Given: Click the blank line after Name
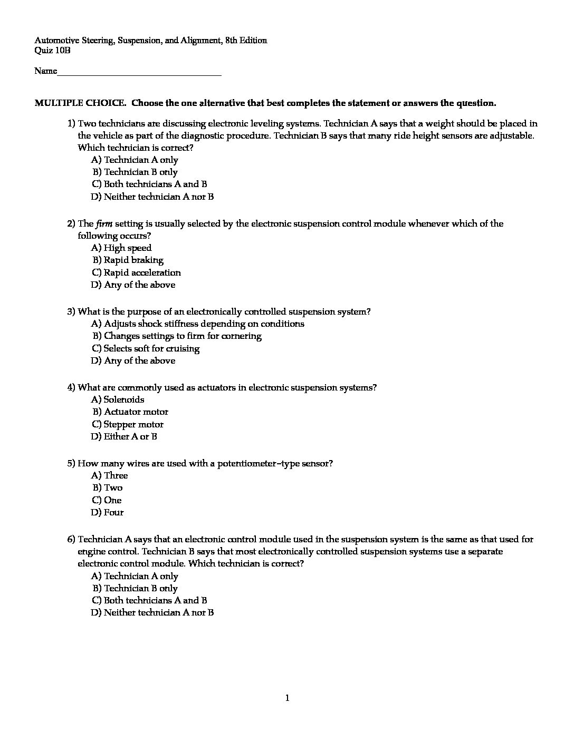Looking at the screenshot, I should click(x=139, y=72).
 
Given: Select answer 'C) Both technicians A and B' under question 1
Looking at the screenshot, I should click(x=149, y=184).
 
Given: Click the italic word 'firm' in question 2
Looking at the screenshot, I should click(x=103, y=223).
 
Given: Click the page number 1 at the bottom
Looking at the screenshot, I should click(x=287, y=698).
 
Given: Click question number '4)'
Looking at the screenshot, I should click(x=71, y=387).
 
